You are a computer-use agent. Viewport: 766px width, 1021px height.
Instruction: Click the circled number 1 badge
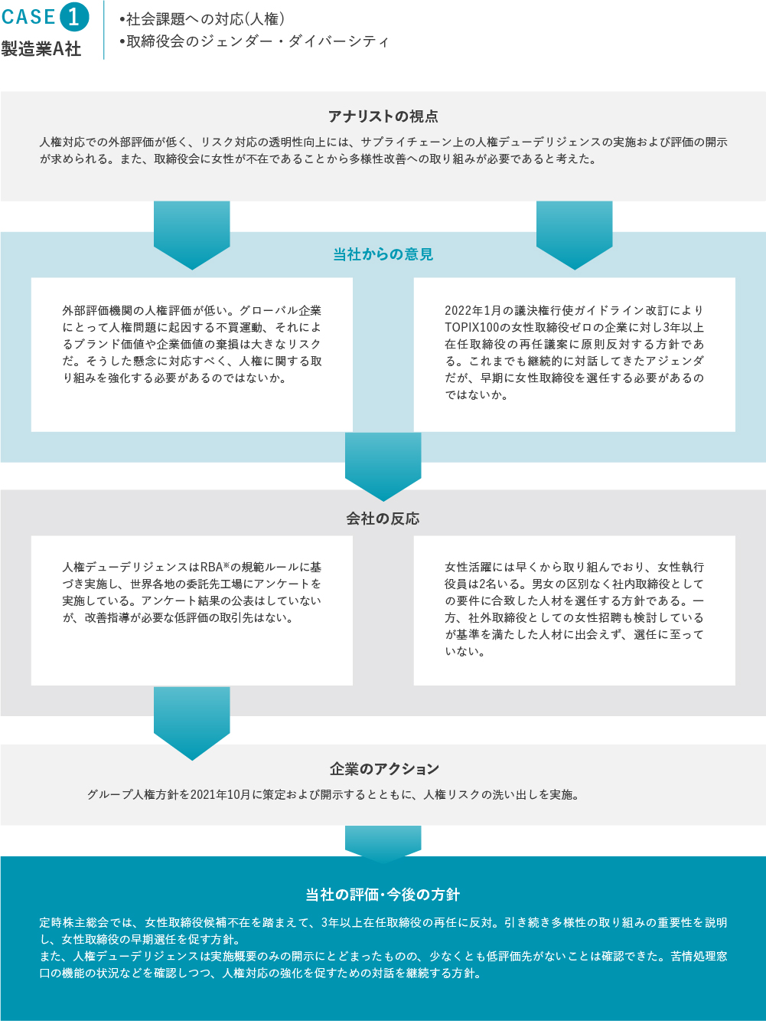74,17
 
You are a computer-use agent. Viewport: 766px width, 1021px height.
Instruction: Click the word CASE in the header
29,17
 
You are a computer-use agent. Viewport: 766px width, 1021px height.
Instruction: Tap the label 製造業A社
41,49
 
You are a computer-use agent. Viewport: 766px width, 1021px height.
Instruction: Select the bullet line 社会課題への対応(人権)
202,19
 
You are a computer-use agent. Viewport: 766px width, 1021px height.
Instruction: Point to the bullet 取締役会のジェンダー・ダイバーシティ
254,41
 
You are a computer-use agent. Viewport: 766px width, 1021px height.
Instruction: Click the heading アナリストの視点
383,116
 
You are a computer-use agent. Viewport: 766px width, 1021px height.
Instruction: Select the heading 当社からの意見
383,254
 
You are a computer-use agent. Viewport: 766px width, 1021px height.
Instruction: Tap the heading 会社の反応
383,519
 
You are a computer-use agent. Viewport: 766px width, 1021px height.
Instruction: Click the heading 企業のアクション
384,769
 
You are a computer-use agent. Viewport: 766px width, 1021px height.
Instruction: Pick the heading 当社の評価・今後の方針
383,895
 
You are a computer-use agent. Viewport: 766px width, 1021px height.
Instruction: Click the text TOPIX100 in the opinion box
471,328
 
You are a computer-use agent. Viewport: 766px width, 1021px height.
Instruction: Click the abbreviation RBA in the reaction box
212,567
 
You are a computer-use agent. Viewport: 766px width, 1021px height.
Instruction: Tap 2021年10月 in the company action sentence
220,794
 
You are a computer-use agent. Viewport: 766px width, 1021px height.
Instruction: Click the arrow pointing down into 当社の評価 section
383,844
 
